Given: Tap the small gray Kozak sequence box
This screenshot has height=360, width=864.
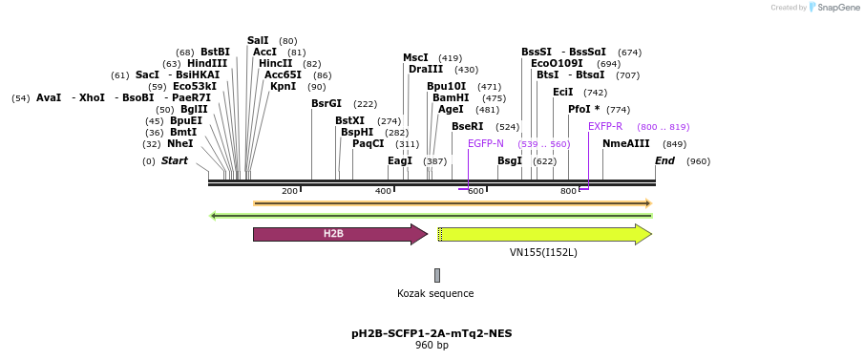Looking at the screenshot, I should pyautogui.click(x=437, y=275).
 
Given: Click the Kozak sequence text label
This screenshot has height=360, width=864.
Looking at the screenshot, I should pyautogui.click(x=435, y=293).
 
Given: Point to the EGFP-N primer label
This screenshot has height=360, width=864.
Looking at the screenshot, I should pyautogui.click(x=485, y=144).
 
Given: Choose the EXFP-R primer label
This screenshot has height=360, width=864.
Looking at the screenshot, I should pyautogui.click(x=605, y=127).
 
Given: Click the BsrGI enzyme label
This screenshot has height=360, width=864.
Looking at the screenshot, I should pyautogui.click(x=326, y=104).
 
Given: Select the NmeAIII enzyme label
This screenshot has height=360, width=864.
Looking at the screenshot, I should pyautogui.click(x=625, y=144).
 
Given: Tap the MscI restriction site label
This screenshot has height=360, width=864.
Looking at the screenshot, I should pyautogui.click(x=415, y=58).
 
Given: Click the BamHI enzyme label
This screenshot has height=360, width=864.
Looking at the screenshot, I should pyautogui.click(x=449, y=98).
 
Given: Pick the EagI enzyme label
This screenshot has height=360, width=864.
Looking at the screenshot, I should pyautogui.click(x=399, y=161).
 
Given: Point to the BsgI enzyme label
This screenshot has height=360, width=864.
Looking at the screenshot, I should pyautogui.click(x=510, y=161).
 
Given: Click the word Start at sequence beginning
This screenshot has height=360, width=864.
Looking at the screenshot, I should pyautogui.click(x=175, y=161).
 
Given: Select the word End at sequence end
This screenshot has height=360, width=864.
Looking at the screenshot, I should pyautogui.click(x=664, y=161).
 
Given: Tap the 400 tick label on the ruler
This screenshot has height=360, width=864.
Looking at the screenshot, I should pyautogui.click(x=383, y=192).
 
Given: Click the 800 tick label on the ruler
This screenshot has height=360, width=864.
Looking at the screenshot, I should pyautogui.click(x=568, y=192).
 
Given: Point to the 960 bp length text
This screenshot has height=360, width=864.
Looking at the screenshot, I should pyautogui.click(x=432, y=346).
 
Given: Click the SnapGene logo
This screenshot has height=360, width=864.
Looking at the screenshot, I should pyautogui.click(x=831, y=8).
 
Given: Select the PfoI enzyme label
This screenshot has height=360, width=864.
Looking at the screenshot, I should pyautogui.click(x=583, y=110).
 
